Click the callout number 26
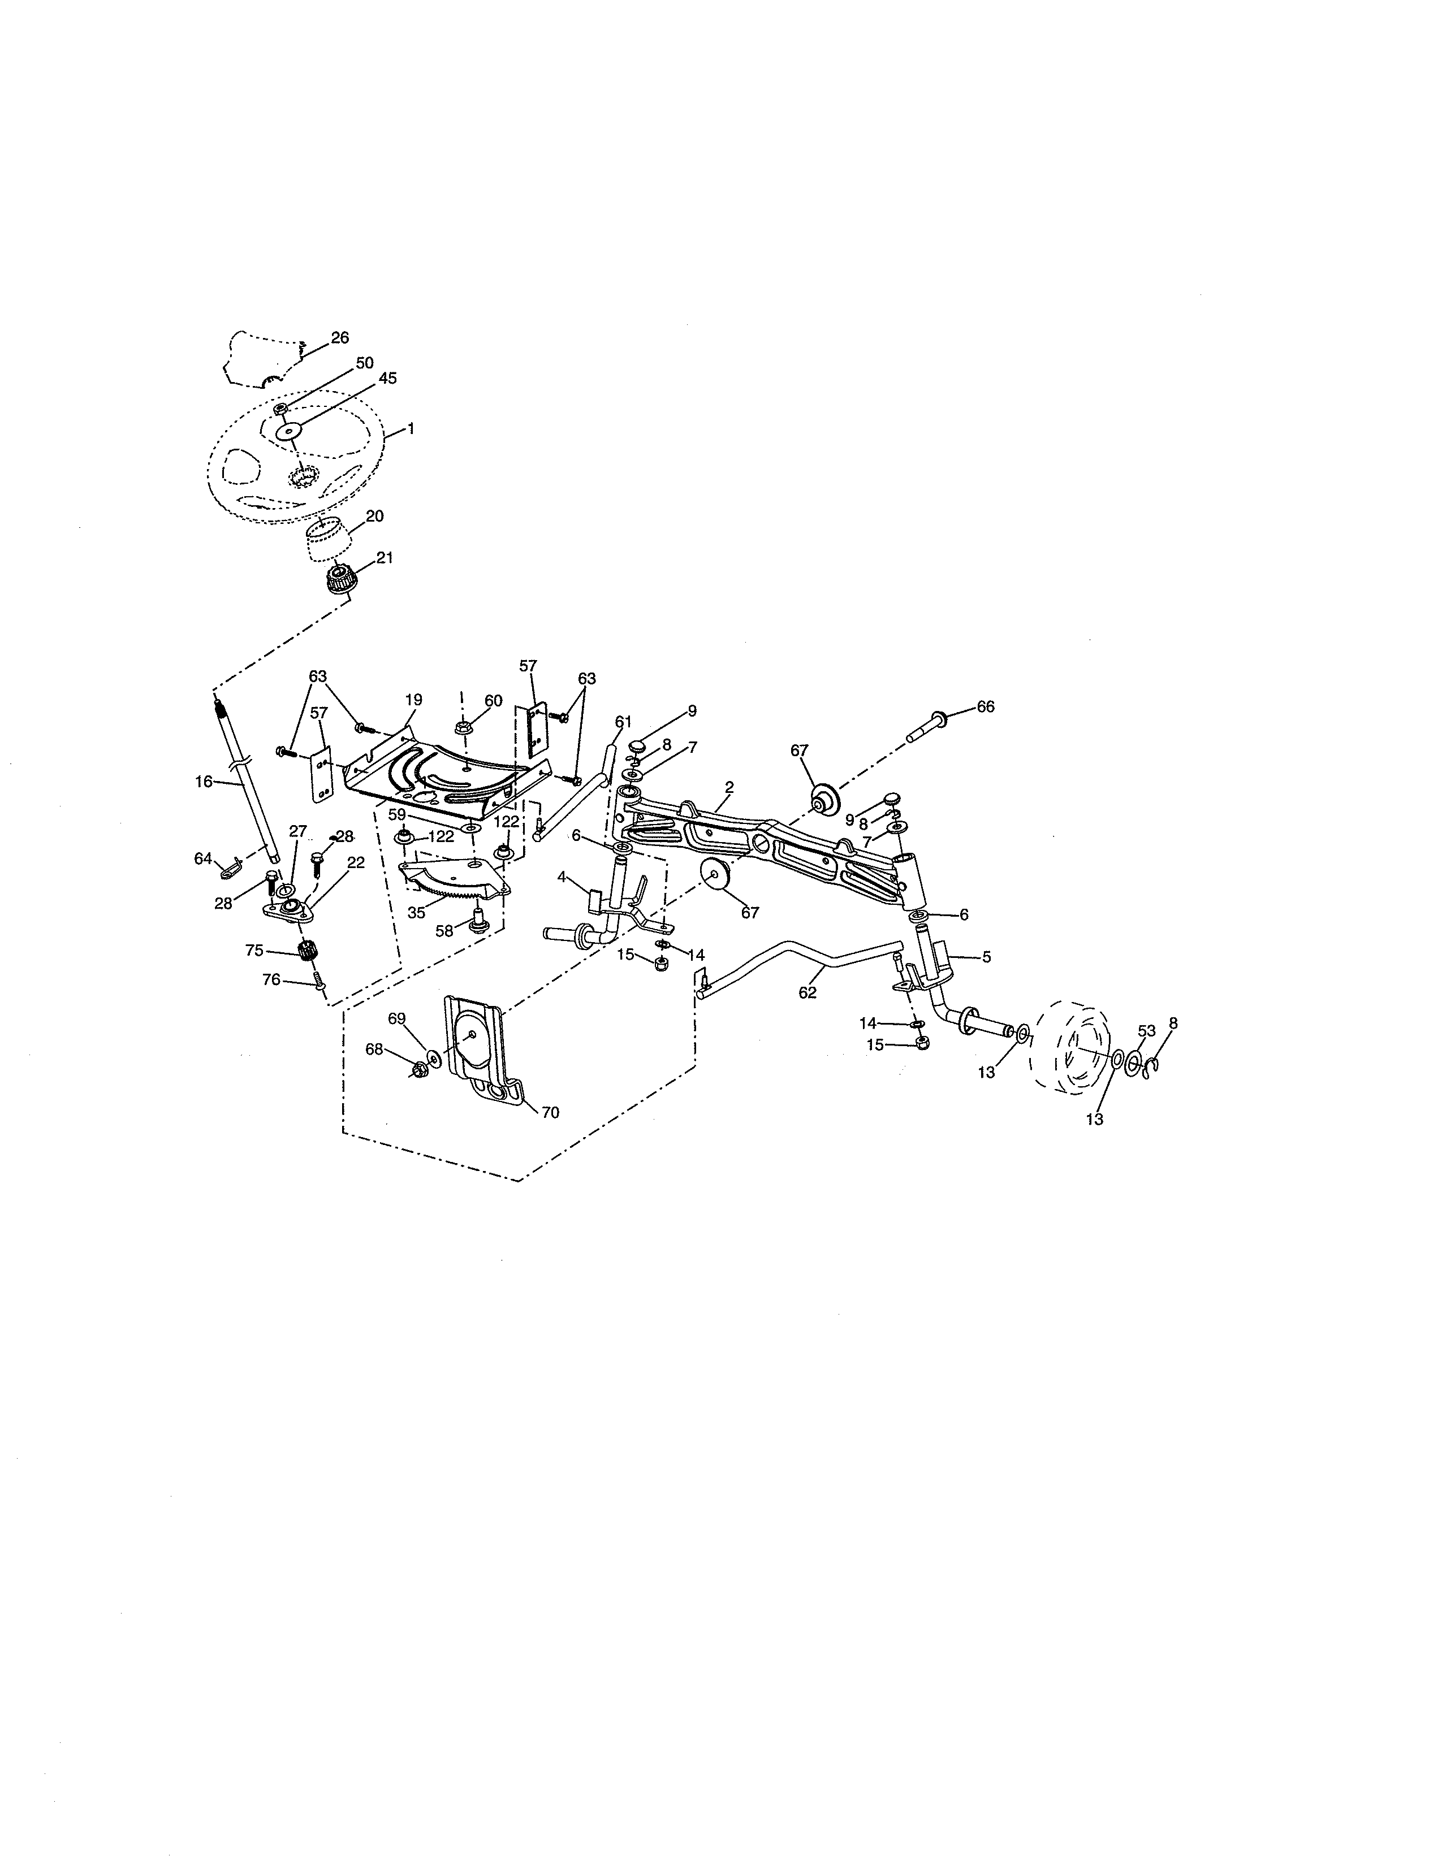[x=339, y=337]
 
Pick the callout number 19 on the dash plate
[x=413, y=700]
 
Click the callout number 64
[x=202, y=858]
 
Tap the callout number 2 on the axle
[x=729, y=785]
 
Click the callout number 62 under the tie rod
[x=808, y=992]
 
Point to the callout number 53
[x=1146, y=1031]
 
